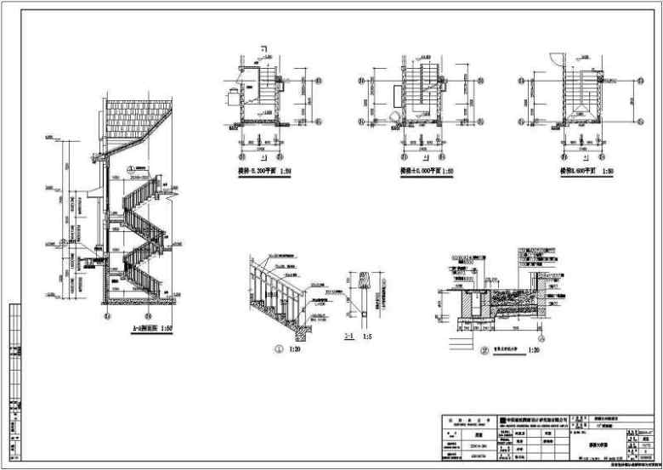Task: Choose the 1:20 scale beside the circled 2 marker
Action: [535, 349]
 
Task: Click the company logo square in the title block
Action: [502, 419]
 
